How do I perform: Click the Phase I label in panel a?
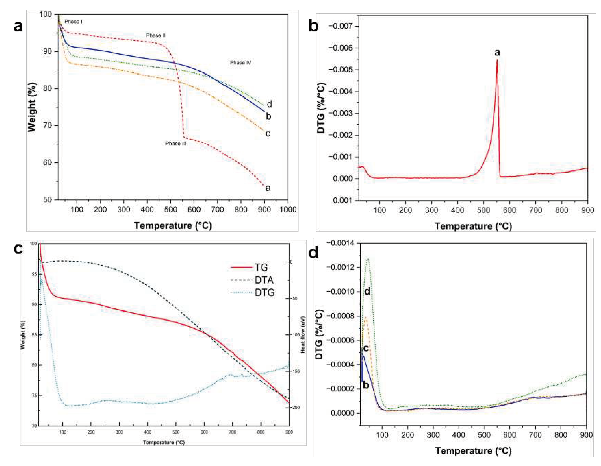click(x=73, y=21)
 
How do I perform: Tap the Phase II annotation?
click(x=155, y=35)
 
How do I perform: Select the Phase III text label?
click(x=176, y=143)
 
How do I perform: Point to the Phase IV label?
click(x=241, y=63)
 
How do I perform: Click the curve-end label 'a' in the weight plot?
click(x=268, y=188)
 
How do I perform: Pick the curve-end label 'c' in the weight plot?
click(x=268, y=133)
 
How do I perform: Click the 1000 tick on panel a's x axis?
click(x=288, y=210)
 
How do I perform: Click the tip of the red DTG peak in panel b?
click(x=497, y=60)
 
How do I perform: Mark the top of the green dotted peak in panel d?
click(x=368, y=258)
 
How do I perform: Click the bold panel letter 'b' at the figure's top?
click(x=313, y=26)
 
